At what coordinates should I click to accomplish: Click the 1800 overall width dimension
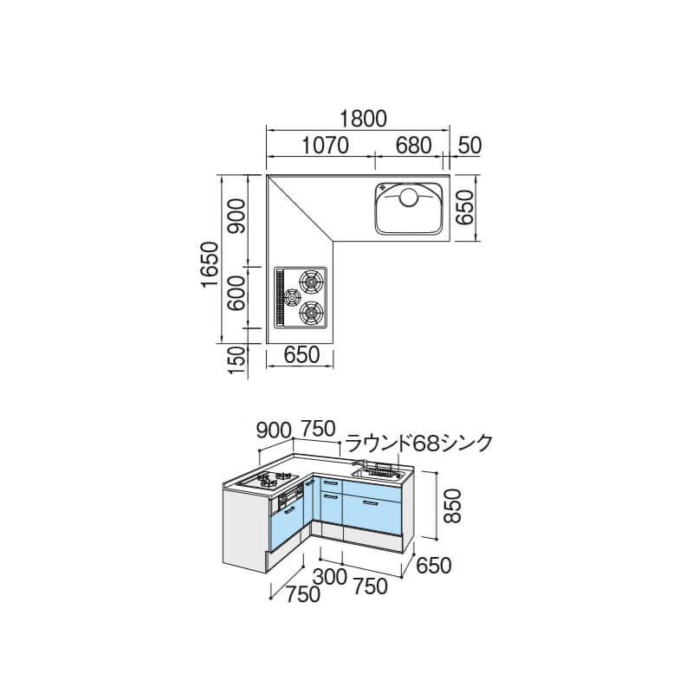(x=363, y=119)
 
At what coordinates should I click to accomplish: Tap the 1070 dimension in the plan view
(x=325, y=145)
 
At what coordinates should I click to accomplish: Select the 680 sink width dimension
(x=413, y=145)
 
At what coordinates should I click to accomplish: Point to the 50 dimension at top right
(x=470, y=145)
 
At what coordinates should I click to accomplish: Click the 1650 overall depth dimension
(x=210, y=265)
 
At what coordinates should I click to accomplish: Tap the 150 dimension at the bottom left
(x=236, y=360)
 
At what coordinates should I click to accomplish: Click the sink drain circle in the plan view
(x=408, y=197)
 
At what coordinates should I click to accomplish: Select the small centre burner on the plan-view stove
(x=292, y=297)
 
